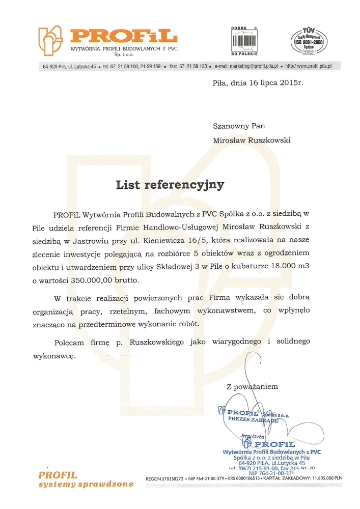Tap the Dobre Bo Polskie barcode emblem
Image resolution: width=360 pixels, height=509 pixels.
click(x=245, y=40)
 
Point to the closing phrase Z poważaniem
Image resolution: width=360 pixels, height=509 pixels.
click(x=253, y=386)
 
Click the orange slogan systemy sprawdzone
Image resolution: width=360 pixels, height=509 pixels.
click(x=86, y=484)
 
